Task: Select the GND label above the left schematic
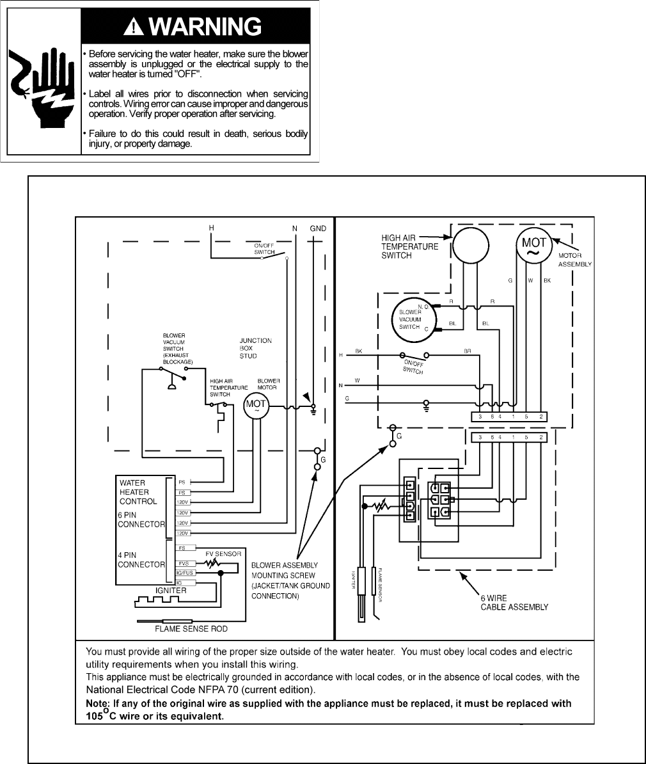(318, 228)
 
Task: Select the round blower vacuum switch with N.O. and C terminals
(413, 318)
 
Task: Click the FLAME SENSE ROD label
(192, 629)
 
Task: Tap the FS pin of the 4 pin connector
(182, 548)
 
